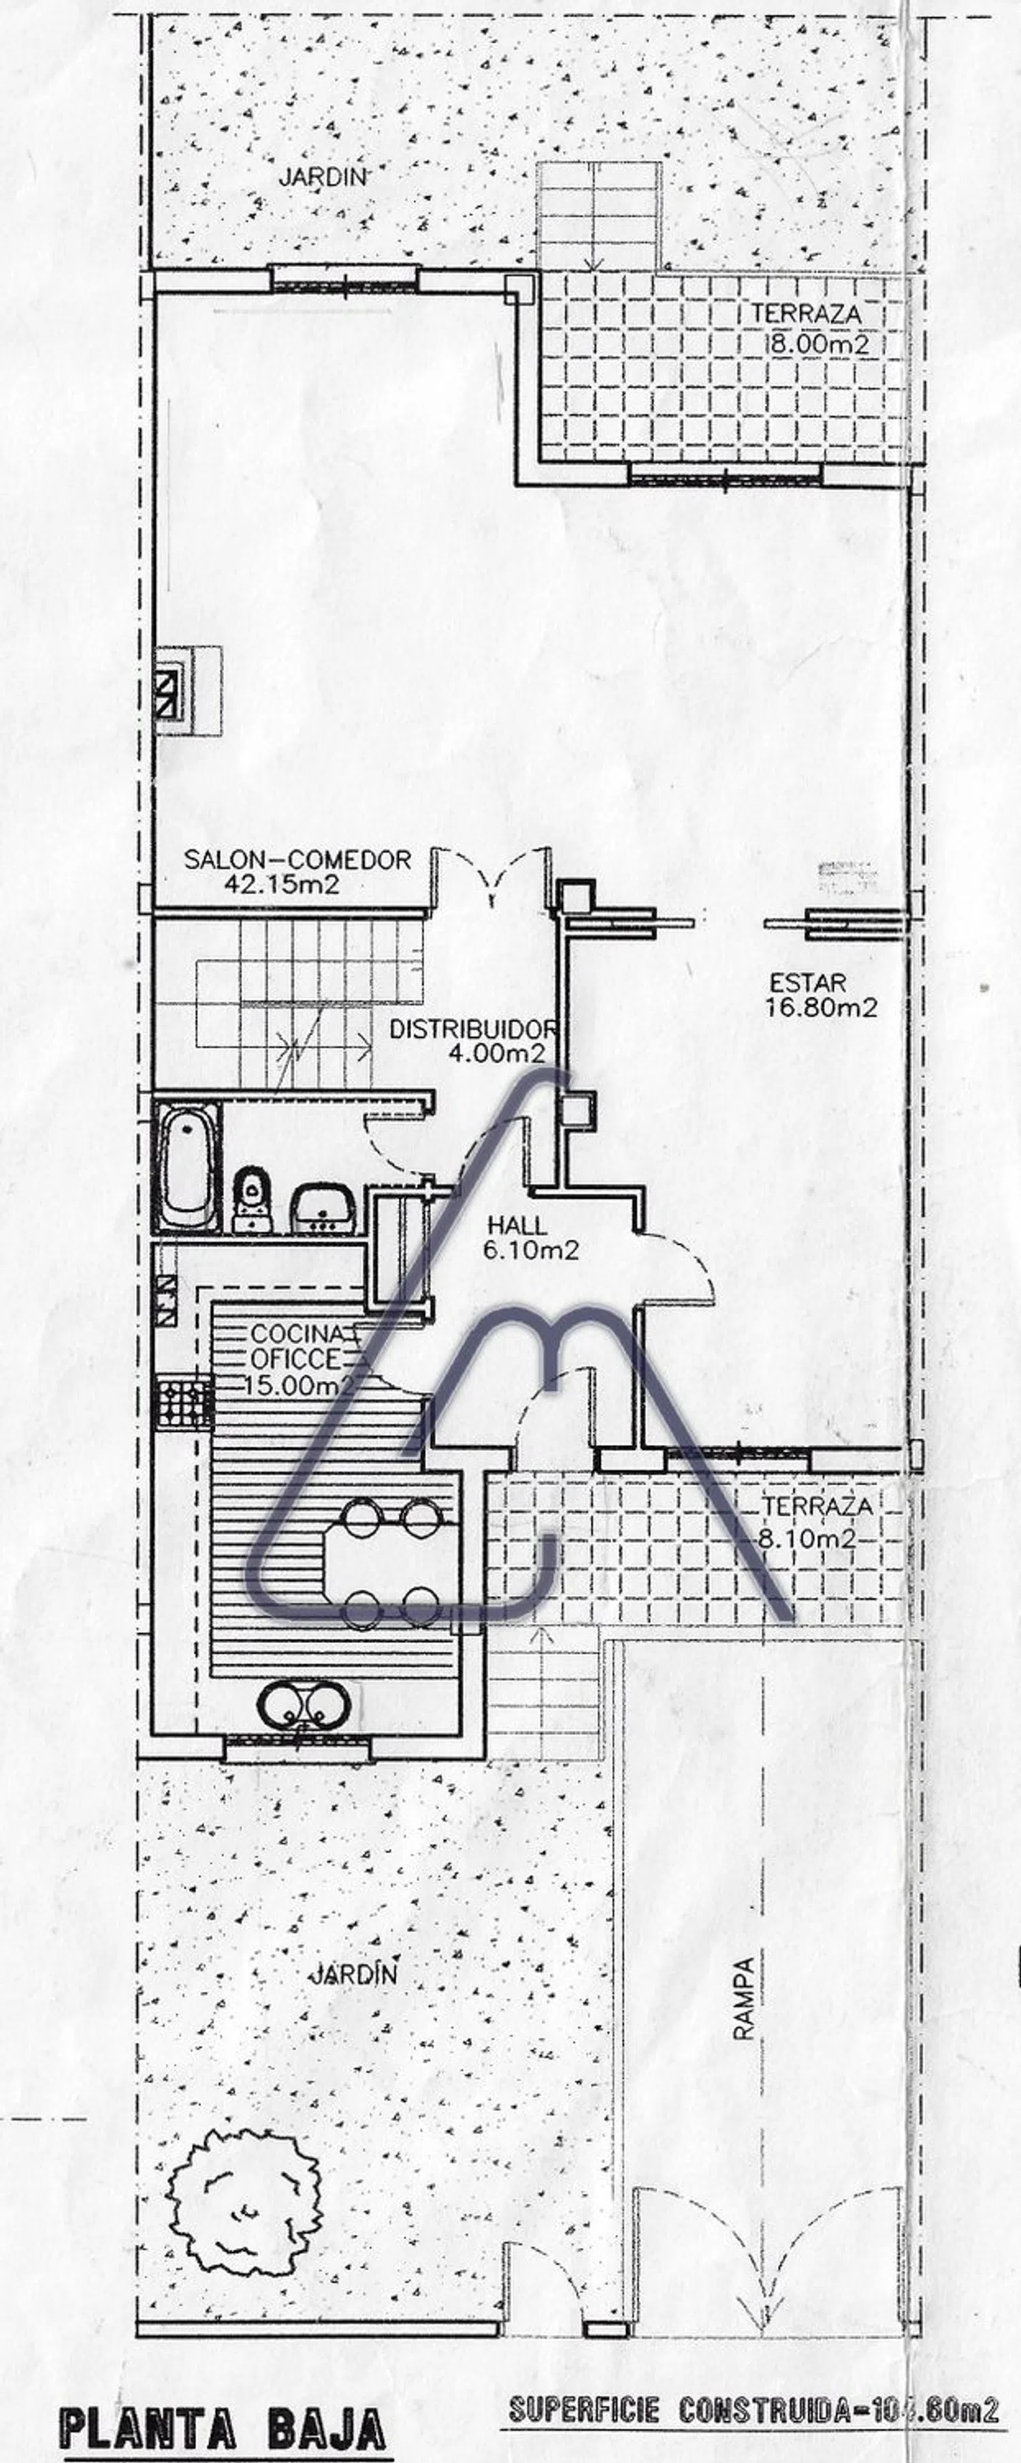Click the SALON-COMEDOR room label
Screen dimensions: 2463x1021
[x=297, y=859]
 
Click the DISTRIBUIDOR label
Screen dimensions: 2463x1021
[x=473, y=1029]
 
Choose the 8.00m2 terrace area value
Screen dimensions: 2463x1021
[x=820, y=344]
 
